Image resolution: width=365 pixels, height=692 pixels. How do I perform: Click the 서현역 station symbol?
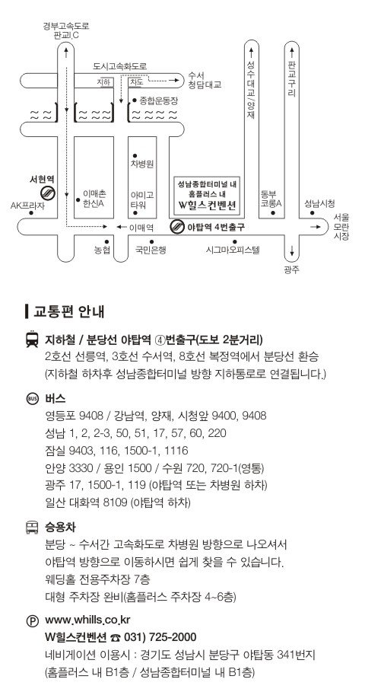[47, 193]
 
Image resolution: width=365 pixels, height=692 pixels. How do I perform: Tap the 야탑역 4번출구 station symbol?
[176, 227]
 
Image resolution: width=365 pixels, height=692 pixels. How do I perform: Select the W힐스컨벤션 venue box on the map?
[206, 195]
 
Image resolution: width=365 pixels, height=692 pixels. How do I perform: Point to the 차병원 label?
[142, 164]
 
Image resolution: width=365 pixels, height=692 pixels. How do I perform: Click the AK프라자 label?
[27, 206]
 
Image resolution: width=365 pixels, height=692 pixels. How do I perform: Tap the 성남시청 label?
[319, 203]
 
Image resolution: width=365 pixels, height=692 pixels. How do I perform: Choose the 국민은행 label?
[151, 250]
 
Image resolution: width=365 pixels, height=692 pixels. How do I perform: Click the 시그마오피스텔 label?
[233, 250]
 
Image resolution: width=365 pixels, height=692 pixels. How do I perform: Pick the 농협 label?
[102, 250]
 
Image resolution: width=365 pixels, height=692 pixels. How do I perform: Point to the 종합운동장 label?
[159, 100]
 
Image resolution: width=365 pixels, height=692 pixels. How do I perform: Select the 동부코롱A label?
[271, 199]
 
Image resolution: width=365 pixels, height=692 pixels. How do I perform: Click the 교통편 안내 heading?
[68, 311]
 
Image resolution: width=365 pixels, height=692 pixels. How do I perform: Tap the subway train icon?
[32, 340]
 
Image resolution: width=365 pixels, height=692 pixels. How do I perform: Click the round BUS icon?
[33, 398]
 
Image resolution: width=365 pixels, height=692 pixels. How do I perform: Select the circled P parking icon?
[33, 621]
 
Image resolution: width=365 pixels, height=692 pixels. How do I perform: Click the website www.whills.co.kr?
[87, 620]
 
